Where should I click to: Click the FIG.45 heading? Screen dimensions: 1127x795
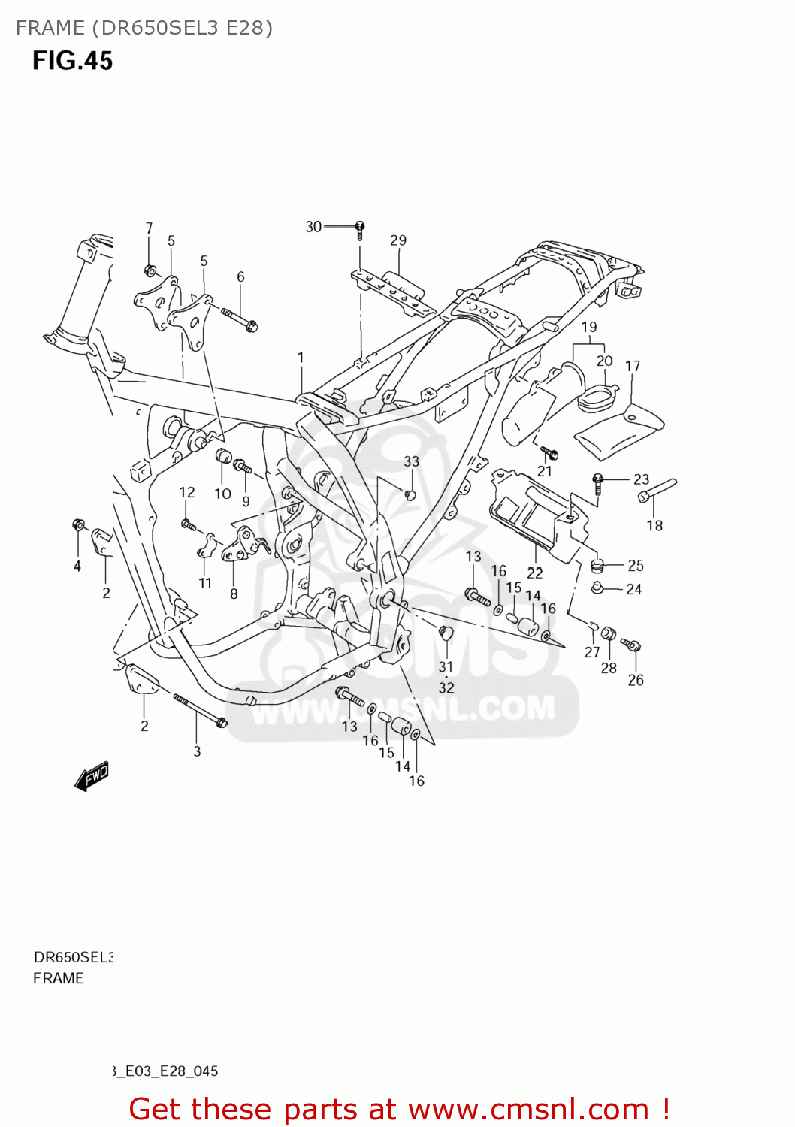72,61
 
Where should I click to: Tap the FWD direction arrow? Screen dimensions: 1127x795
92,776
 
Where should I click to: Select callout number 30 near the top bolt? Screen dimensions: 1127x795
313,227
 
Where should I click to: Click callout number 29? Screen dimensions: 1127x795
398,240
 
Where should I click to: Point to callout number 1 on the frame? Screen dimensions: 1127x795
301,358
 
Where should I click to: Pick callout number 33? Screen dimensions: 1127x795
412,461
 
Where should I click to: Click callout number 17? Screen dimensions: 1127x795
633,366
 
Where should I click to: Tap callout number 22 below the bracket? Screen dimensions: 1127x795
535,573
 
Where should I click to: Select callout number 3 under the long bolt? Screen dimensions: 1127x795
197,751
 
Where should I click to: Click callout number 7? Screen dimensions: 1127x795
149,228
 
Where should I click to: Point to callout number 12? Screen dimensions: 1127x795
187,492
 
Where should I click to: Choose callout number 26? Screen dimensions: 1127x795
636,680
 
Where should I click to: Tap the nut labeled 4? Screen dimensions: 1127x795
78,524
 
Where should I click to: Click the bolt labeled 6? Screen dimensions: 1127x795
240,319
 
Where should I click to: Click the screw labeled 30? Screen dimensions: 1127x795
360,228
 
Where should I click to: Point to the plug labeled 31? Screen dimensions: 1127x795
445,632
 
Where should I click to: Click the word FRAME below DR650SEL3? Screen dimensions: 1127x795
59,978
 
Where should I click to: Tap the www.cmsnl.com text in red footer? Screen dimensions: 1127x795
528,1109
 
